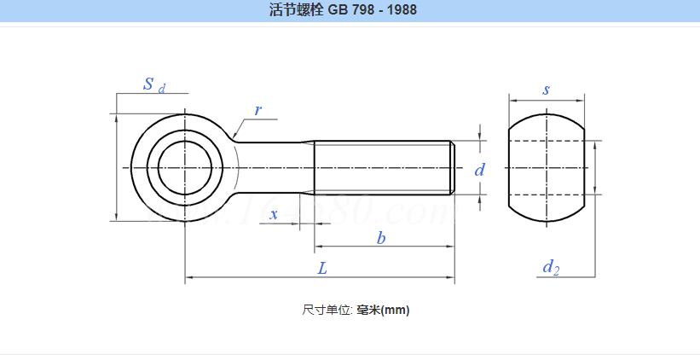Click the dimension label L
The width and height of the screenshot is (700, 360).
point(322,268)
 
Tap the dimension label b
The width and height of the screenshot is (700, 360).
point(381,239)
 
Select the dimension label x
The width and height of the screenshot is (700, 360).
point(274,215)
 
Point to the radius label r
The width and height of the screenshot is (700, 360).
point(257,111)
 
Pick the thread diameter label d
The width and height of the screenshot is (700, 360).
point(479,171)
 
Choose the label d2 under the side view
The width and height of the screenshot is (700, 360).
point(551,267)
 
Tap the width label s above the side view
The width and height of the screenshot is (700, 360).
point(546,90)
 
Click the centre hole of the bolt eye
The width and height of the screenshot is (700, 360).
point(184,167)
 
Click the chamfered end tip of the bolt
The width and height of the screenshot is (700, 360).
point(452,167)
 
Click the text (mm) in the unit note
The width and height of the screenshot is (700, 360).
point(395,311)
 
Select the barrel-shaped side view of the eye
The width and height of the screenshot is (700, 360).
point(546,167)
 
